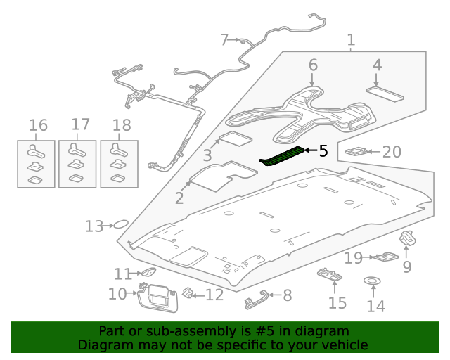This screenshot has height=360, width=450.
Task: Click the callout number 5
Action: coord(323,150)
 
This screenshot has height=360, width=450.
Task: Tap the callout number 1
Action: coord(351,41)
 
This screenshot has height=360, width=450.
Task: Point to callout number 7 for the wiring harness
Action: coord(224,40)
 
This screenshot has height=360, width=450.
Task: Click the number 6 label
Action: coord(313,65)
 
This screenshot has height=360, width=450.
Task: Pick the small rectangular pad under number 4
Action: coord(384,93)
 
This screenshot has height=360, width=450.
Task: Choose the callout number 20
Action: coord(391,151)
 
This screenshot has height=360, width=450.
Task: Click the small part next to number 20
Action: coord(358,151)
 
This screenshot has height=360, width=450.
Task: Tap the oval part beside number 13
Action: coord(120,224)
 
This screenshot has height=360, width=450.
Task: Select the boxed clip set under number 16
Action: coord(35,164)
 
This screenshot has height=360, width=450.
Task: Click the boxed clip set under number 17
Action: coord(77,164)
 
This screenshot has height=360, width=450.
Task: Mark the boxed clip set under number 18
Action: coord(119,164)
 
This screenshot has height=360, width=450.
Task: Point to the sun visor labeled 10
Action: coord(158,296)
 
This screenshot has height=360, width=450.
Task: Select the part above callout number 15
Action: coord(330,277)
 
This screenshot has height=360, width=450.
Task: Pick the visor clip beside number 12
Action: coord(188,292)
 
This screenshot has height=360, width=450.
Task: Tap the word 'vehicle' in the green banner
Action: coord(345,345)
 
